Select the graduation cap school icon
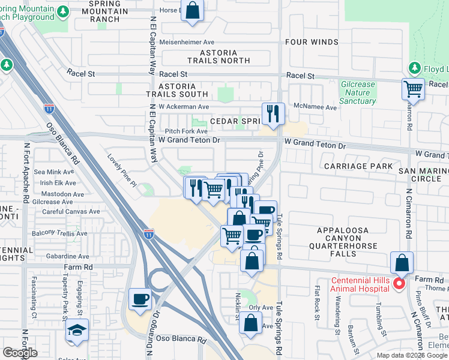click(x=76, y=331)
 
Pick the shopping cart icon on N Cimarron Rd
click(x=413, y=89)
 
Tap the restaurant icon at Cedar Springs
click(x=273, y=113)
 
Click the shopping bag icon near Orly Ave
click(x=250, y=324)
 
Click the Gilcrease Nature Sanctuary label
click(x=358, y=93)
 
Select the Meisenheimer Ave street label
click(x=187, y=42)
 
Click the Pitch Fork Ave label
click(x=186, y=131)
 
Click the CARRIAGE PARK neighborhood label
click(x=358, y=166)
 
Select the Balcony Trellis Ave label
click(x=58, y=232)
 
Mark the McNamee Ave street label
click(x=315, y=107)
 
